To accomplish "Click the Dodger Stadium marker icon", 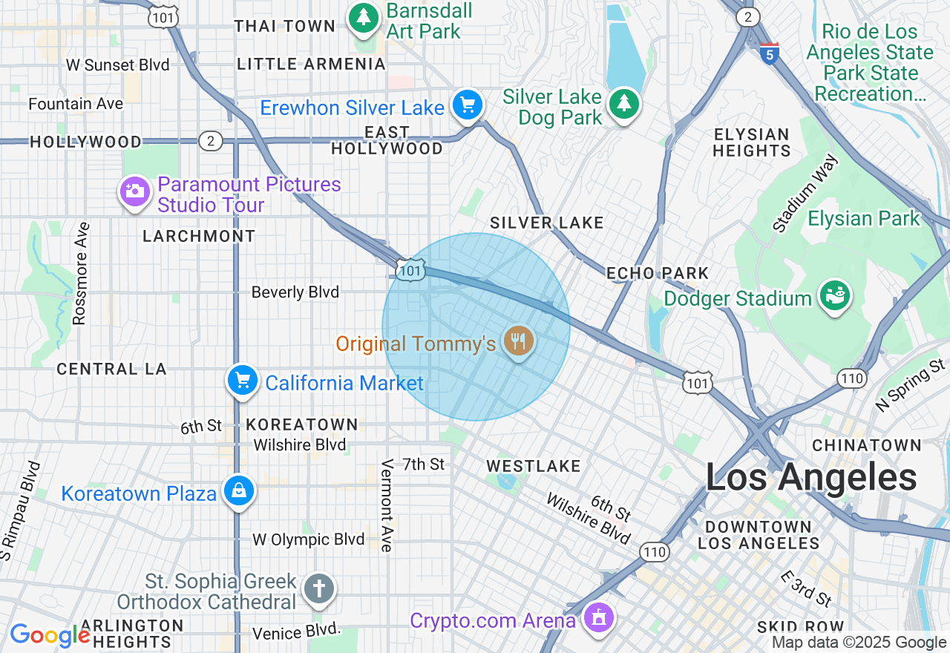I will tap(834, 296).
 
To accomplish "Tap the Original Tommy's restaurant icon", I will tap(519, 341).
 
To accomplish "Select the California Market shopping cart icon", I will tap(242, 381).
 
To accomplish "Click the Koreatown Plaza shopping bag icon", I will tap(239, 491).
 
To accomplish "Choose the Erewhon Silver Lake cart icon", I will tap(468, 105).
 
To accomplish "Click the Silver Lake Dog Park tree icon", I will tap(623, 105).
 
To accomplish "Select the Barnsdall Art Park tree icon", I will tap(364, 18).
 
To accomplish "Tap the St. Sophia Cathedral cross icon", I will tap(319, 589).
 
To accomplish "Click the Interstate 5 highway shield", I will tap(770, 53).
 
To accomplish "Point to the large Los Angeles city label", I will tap(810, 477).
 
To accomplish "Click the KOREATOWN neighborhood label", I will tap(302, 424).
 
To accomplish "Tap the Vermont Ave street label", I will tap(387, 505).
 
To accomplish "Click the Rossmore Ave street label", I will tap(80, 273).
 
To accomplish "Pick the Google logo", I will tap(49, 635).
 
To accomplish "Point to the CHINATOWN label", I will tap(866, 445).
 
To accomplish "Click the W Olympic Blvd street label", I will tap(308, 539).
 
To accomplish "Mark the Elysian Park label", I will tap(864, 219).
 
